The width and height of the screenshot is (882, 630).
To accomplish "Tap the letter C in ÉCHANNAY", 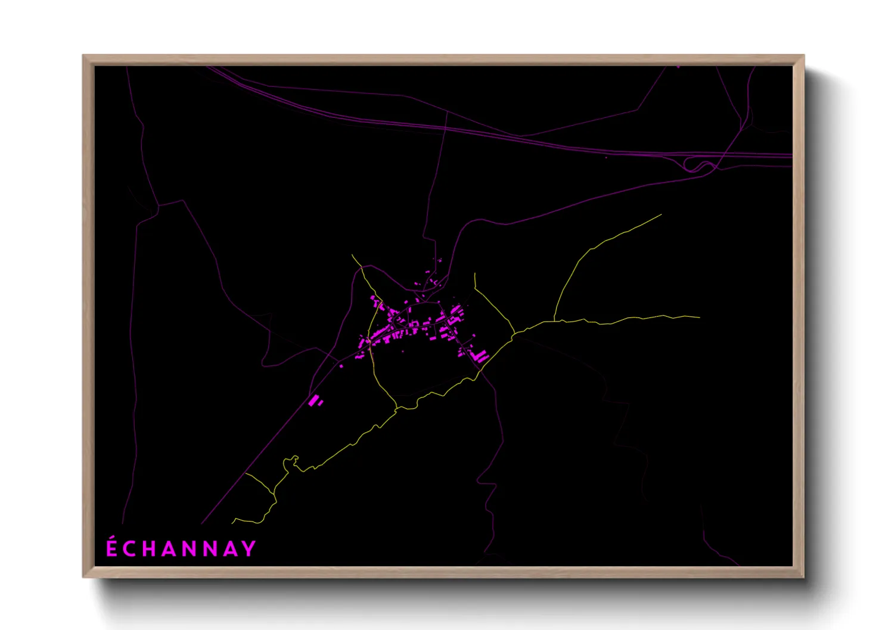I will [131, 549].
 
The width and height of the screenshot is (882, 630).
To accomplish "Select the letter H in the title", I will [151, 549].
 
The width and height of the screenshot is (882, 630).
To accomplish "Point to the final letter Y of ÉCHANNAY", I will [250, 549].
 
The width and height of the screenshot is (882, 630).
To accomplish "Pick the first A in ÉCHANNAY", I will [171, 549].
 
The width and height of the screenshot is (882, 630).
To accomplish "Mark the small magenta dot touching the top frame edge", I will [678, 67].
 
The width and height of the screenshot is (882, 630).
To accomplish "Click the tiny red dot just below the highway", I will [606, 157].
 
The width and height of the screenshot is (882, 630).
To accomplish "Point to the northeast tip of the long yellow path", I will [661, 215].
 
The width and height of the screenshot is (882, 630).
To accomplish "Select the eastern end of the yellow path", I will [699, 317].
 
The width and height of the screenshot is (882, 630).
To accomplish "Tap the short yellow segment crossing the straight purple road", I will [259, 484].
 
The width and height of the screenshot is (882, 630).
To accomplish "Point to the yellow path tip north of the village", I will [352, 255].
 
